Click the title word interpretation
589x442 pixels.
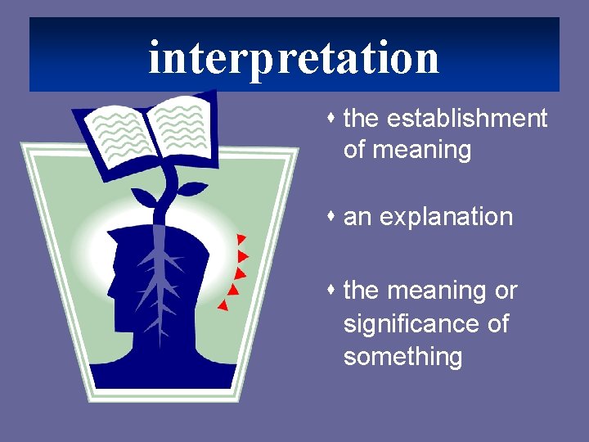[294, 57]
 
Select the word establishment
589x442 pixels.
[467, 119]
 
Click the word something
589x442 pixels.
[402, 357]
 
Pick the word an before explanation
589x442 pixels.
[357, 218]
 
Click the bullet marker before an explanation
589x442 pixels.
[333, 216]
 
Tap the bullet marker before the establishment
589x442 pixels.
[333, 118]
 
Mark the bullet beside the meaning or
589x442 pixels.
[333, 290]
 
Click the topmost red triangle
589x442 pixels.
[241, 239]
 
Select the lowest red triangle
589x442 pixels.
[222, 305]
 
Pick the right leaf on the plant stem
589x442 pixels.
[191, 189]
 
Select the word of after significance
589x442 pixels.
[497, 324]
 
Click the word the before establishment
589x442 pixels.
[362, 119]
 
